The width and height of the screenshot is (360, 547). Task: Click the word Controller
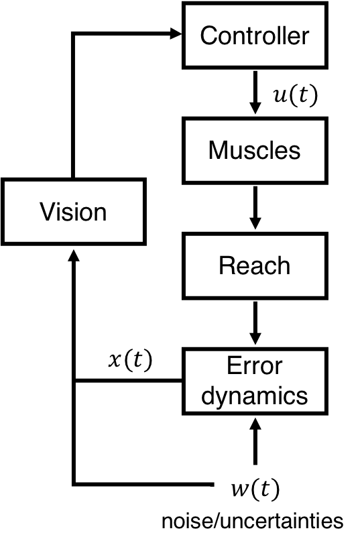255,36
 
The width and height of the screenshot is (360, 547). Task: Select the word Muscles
255,151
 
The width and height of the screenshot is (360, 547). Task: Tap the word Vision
73,212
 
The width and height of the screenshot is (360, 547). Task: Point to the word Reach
255,266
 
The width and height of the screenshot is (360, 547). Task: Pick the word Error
255,367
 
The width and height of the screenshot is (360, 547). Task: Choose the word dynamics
255,396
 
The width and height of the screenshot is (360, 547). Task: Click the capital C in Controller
208,36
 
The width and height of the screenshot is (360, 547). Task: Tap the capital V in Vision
46,212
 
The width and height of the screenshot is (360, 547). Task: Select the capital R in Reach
226,266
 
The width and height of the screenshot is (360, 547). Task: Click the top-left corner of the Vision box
5,182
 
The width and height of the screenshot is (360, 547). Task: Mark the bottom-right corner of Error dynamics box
324,411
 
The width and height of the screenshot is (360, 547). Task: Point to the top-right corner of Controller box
324,6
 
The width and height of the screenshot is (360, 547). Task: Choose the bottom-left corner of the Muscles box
186,180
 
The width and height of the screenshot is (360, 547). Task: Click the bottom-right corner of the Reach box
324,296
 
